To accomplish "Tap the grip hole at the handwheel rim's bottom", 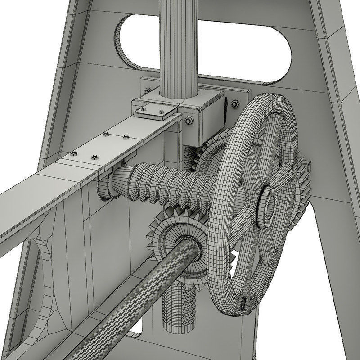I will point(246,301).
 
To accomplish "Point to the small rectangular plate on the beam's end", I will point(155,112).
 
